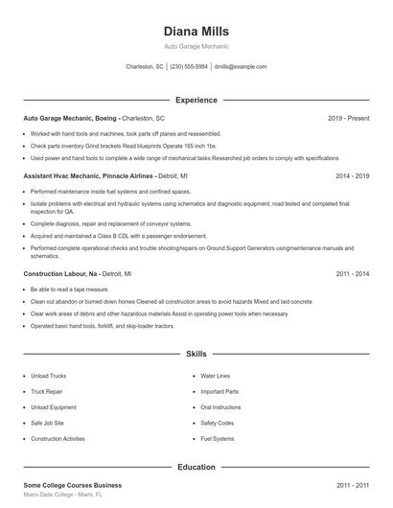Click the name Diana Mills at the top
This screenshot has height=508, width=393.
click(196, 32)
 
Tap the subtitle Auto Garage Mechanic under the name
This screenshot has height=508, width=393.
click(196, 46)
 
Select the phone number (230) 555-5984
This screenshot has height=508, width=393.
click(190, 67)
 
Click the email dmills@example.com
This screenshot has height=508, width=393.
click(241, 67)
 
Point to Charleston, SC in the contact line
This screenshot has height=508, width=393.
click(146, 67)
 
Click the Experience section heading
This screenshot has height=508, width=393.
click(196, 100)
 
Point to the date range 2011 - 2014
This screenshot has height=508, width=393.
click(353, 273)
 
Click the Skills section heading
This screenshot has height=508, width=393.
click(196, 354)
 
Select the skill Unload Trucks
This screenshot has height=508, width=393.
click(48, 376)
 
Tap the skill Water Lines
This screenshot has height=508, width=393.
click(216, 376)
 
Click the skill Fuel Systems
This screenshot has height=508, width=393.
click(217, 438)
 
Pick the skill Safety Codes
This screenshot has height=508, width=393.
click(218, 423)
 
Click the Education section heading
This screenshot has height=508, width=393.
click(196, 467)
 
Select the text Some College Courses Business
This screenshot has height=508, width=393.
click(73, 486)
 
